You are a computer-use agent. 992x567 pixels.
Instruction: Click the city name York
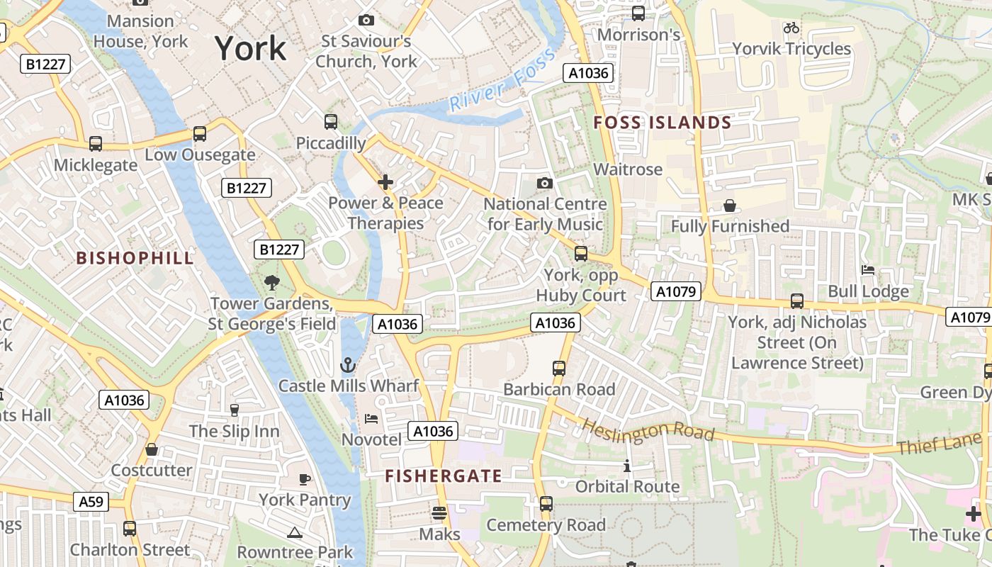pyautogui.click(x=251, y=48)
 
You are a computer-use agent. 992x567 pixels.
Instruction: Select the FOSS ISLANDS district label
pyautogui.click(x=662, y=123)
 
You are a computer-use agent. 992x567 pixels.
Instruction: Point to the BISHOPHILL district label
pyautogui.click(x=135, y=258)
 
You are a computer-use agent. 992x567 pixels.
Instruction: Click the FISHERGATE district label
pyautogui.click(x=444, y=476)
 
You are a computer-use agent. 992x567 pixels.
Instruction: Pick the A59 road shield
pyautogui.click(x=91, y=502)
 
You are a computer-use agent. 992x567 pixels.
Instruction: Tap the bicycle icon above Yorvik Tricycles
pyautogui.click(x=791, y=28)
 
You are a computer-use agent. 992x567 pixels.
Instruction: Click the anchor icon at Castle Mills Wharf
pyautogui.click(x=347, y=366)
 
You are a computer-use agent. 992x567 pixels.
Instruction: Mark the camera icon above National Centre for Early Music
pyautogui.click(x=544, y=184)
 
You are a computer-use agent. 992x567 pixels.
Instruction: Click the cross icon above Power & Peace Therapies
pyautogui.click(x=385, y=183)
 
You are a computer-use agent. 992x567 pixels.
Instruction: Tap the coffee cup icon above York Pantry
pyautogui.click(x=305, y=479)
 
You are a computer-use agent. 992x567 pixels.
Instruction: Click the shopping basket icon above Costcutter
pyautogui.click(x=152, y=449)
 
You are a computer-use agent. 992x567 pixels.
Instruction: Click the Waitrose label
pyautogui.click(x=628, y=169)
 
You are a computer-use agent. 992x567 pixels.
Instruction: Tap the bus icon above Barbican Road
pyautogui.click(x=559, y=369)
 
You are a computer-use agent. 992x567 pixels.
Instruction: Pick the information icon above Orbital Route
pyautogui.click(x=627, y=466)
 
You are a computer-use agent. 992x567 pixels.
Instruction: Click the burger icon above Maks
pyautogui.click(x=439, y=512)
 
